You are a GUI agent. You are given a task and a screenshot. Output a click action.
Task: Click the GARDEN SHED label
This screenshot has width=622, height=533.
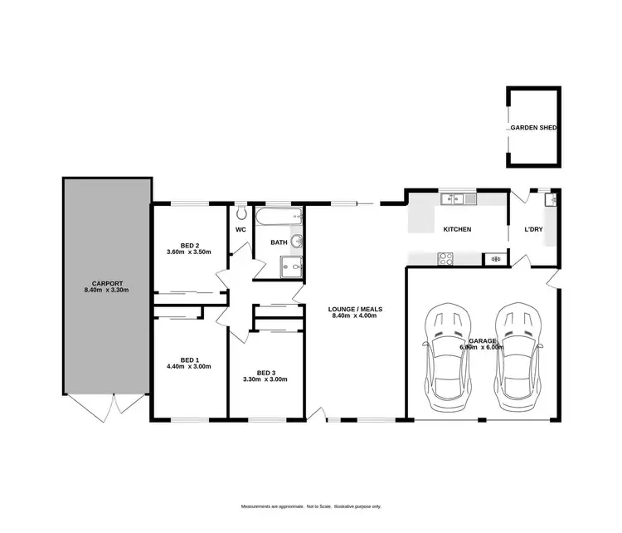tap(533, 129)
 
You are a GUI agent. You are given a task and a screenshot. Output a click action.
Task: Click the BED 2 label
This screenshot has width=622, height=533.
tap(190, 245)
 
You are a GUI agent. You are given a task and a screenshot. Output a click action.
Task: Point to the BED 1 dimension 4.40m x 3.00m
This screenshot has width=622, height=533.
tap(189, 366)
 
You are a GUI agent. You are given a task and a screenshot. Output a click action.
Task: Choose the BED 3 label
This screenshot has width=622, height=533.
tap(265, 372)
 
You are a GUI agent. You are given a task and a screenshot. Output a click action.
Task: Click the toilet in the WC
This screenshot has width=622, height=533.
tap(241, 213)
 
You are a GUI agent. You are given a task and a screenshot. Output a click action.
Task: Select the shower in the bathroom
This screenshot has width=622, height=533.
tap(291, 266)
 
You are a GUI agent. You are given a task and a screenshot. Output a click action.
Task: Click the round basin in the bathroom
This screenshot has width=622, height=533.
tap(296, 242)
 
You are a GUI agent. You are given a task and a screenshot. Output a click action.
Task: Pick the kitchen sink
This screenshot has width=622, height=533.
tap(454, 198)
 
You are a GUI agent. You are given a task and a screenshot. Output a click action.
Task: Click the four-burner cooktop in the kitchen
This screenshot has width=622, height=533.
tap(445, 257)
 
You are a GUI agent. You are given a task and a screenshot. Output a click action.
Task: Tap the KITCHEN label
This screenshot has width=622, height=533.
tap(457, 228)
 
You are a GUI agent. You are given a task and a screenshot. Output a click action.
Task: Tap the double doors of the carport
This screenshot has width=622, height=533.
tap(105, 404)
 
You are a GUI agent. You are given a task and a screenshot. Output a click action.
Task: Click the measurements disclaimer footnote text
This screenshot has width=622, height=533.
tap(311, 506)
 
